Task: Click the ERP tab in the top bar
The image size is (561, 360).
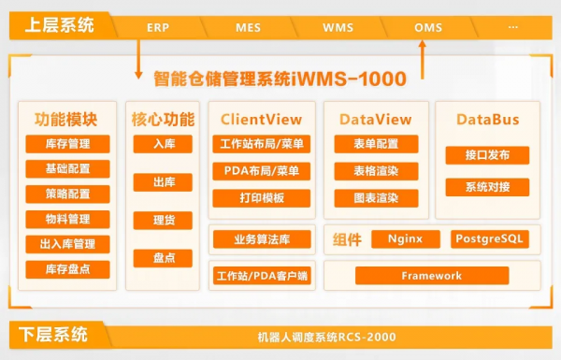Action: click(x=158, y=27)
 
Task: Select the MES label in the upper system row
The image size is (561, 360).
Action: click(x=248, y=27)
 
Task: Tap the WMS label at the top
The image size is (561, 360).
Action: click(x=338, y=27)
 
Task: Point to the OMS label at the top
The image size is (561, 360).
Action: click(x=427, y=27)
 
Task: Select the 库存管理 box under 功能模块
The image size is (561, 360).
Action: click(x=67, y=144)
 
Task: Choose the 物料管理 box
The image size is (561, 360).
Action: click(x=67, y=219)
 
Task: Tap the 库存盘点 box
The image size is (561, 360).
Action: click(x=67, y=269)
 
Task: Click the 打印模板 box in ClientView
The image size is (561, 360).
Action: click(x=261, y=198)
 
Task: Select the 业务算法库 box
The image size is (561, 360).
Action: click(x=261, y=239)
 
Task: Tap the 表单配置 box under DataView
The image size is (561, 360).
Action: click(x=376, y=144)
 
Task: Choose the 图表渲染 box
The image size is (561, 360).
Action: click(x=376, y=198)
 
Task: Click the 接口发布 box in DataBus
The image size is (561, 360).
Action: click(x=486, y=155)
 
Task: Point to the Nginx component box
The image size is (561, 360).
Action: click(x=405, y=239)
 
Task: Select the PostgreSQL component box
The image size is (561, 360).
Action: click(x=490, y=239)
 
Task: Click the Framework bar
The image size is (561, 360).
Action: click(x=431, y=276)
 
